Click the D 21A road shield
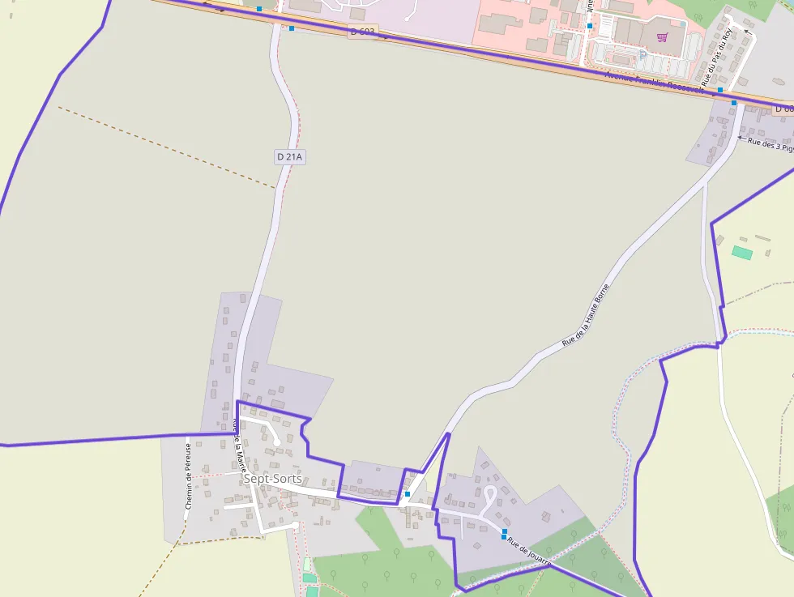[x=289, y=156]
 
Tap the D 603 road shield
[x=362, y=32]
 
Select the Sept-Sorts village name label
[x=272, y=479]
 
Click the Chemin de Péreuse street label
[x=188, y=475]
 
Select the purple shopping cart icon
[x=662, y=37]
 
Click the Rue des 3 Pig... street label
[x=770, y=143]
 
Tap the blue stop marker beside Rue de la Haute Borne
[x=408, y=494]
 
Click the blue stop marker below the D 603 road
[x=292, y=28]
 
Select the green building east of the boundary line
[x=741, y=253]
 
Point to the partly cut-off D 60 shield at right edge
[x=783, y=109]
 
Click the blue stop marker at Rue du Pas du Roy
[x=719, y=90]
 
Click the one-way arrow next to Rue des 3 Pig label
[x=741, y=139]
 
